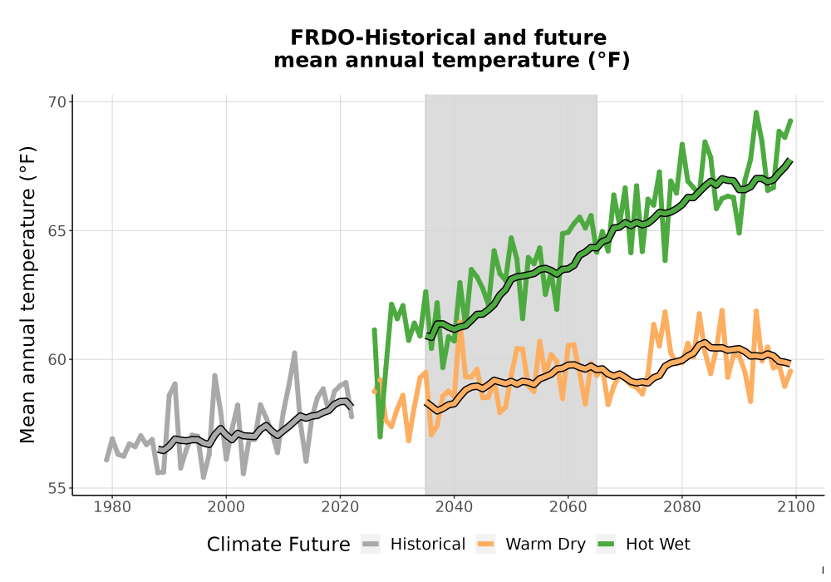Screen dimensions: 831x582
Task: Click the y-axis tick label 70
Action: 57,101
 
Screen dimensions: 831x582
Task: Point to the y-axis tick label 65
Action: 57,231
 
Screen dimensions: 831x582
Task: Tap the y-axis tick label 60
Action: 57,359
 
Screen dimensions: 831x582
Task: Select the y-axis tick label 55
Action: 57,488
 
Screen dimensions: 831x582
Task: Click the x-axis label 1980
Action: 112,507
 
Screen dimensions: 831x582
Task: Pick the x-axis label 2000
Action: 226,507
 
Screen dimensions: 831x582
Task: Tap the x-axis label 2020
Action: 340,507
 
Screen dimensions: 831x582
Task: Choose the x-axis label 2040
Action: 455,507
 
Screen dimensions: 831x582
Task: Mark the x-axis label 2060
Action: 568,507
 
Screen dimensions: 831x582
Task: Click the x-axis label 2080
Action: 682,507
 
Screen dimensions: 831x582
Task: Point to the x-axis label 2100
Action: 796,507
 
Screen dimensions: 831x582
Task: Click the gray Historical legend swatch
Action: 371,545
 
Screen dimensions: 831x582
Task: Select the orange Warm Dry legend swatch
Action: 485,545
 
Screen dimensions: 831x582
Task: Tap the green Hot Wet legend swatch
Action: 606,545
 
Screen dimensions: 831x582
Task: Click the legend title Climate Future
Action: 278,545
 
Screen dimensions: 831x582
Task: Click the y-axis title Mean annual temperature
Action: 27,294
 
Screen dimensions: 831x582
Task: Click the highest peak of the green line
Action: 756,112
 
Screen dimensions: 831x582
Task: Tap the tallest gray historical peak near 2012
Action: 295,353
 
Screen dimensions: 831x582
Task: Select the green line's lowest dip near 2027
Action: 380,436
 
